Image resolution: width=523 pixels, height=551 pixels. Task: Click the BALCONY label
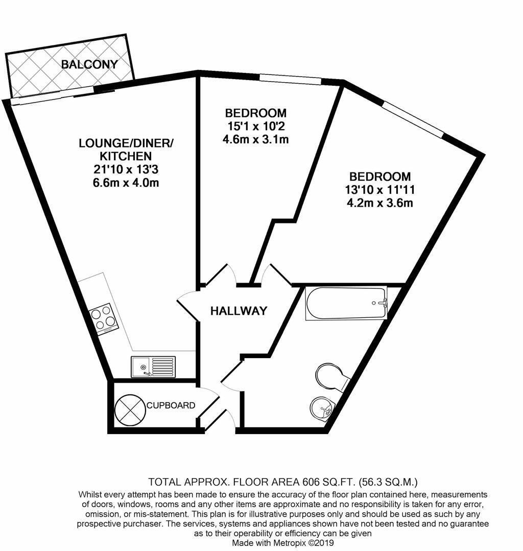(x=89, y=64)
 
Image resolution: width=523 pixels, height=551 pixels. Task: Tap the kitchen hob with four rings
(x=105, y=319)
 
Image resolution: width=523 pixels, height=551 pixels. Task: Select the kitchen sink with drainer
(x=153, y=366)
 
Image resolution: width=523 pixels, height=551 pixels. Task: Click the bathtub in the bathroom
(x=346, y=304)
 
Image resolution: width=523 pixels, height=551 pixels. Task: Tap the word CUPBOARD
(x=171, y=406)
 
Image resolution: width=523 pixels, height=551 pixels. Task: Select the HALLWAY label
(x=239, y=311)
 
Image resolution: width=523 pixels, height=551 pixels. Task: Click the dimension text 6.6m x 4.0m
(x=126, y=183)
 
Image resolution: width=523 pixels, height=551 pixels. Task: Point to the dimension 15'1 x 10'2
(x=256, y=126)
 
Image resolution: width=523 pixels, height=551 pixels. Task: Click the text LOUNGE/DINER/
(x=126, y=143)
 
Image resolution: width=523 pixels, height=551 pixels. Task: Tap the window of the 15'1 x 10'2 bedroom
(x=290, y=79)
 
